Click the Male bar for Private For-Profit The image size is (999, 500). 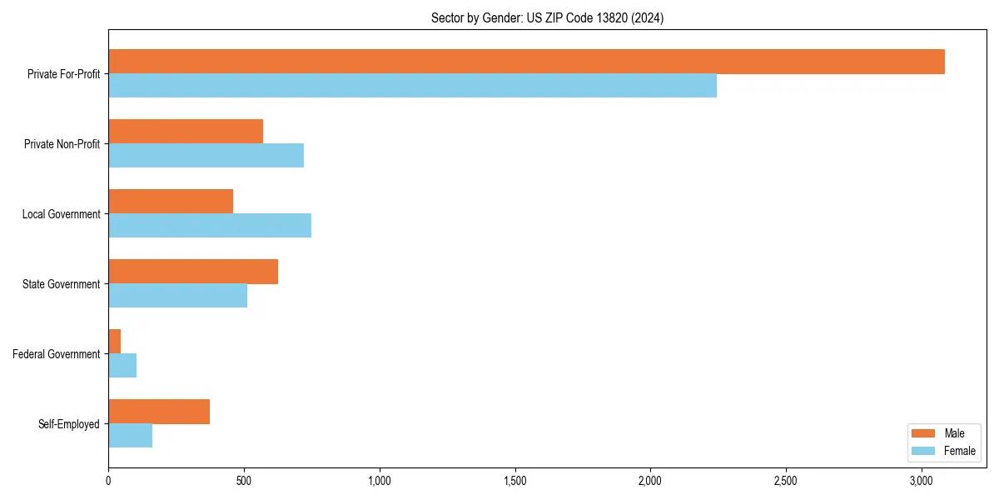coord(526,62)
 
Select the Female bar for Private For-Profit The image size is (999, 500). coord(412,86)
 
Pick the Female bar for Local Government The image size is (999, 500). coord(210,226)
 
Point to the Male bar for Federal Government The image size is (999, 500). coord(115,342)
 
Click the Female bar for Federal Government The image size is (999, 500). coord(122,366)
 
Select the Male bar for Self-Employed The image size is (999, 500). coord(159,412)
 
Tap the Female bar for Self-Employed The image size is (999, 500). coord(131,436)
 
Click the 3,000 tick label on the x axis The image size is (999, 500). coord(921,481)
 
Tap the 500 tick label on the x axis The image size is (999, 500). coord(244,481)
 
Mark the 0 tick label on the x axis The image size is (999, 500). coord(108,481)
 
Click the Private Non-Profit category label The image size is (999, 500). coord(62,144)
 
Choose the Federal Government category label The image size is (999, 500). coord(57,354)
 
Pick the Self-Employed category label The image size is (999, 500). coord(69,424)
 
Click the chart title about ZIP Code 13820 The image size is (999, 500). coord(547,17)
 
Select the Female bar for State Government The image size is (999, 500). coord(178,296)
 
